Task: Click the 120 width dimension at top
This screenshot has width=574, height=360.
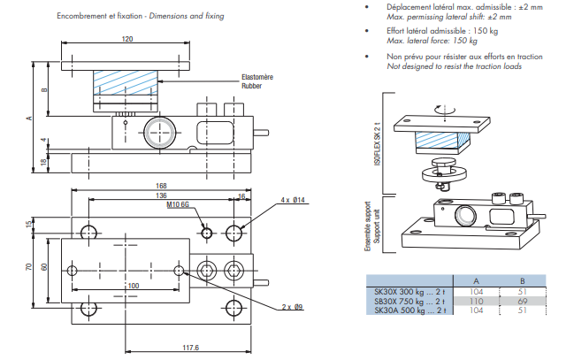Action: coord(126,39)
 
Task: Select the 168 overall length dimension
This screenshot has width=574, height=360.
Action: coord(160,186)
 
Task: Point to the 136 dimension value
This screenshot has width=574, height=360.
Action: coord(160,195)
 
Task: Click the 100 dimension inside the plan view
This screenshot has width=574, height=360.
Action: coord(133,286)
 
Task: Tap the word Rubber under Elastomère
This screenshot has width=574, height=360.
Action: coord(252,87)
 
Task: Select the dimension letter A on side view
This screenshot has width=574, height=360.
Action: coord(28,118)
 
